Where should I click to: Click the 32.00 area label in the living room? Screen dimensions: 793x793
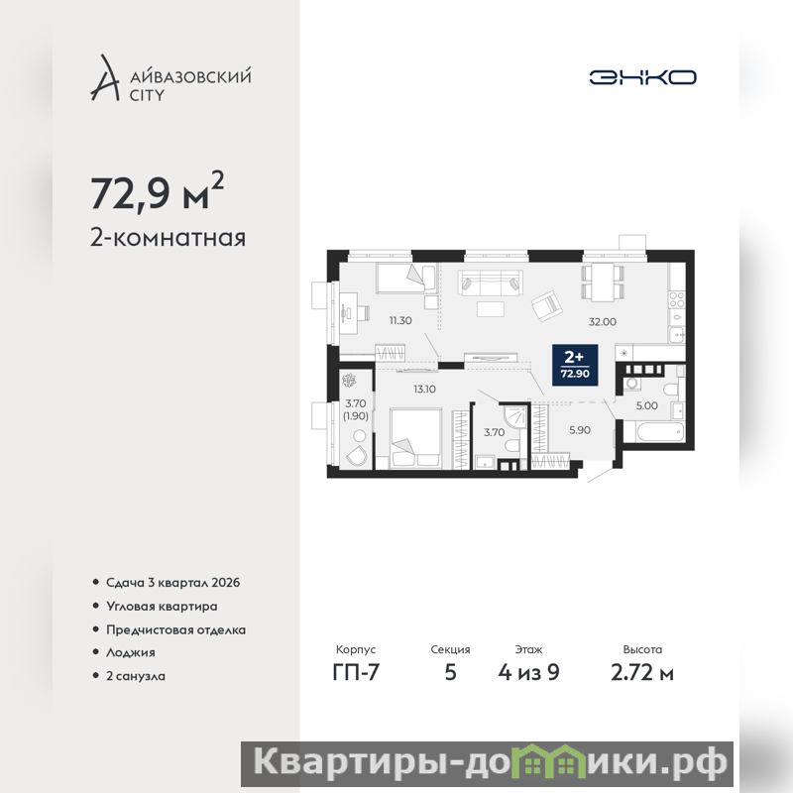(603, 321)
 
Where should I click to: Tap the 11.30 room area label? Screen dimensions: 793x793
(400, 320)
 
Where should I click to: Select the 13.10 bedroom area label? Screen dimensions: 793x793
(424, 390)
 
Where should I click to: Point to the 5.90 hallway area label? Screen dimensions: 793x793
(580, 430)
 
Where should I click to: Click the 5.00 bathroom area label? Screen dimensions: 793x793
(647, 405)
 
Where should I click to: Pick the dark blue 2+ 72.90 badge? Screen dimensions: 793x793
(575, 365)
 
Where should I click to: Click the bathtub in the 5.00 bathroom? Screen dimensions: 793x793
(654, 432)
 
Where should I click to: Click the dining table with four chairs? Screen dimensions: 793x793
(603, 283)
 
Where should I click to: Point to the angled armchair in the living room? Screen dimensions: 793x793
(547, 306)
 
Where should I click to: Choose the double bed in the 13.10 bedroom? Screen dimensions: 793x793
(416, 438)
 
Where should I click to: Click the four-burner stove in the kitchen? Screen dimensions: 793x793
(677, 300)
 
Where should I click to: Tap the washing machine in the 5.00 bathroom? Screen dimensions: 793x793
(632, 384)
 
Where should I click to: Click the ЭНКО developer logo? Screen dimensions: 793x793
(642, 77)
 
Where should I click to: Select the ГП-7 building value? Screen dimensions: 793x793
(356, 673)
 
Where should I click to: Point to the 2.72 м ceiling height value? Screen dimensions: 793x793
(642, 673)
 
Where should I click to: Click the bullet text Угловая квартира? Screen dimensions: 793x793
(162, 607)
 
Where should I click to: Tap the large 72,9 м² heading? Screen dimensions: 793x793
(157, 191)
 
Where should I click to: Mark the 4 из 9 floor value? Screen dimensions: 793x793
(528, 673)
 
